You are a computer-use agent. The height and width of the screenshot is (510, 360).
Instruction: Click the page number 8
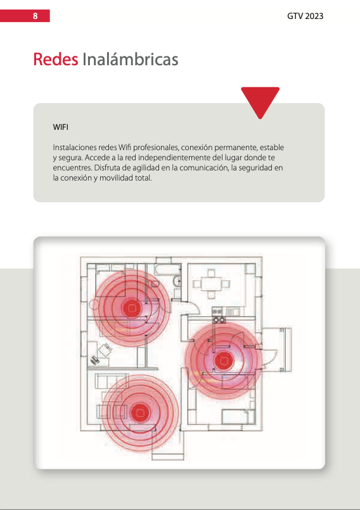click(35, 16)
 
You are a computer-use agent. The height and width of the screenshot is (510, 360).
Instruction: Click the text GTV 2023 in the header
click(305, 16)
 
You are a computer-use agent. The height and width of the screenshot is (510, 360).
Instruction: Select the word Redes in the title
click(56, 59)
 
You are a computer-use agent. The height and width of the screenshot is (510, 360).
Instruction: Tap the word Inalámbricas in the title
click(130, 59)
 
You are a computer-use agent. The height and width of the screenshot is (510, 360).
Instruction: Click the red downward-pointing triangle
click(260, 101)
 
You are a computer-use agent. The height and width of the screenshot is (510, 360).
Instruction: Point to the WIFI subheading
click(61, 127)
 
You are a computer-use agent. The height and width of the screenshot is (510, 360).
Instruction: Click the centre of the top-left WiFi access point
click(131, 307)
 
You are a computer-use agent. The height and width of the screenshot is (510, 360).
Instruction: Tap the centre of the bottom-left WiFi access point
click(140, 412)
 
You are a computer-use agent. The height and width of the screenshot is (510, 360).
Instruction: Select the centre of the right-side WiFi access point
click(224, 360)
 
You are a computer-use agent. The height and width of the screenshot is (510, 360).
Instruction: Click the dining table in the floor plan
click(211, 284)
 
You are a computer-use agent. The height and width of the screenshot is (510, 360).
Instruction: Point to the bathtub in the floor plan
click(167, 269)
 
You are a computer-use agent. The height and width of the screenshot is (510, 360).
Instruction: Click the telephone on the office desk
click(94, 360)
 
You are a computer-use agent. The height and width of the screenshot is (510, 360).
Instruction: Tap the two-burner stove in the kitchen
click(219, 320)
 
